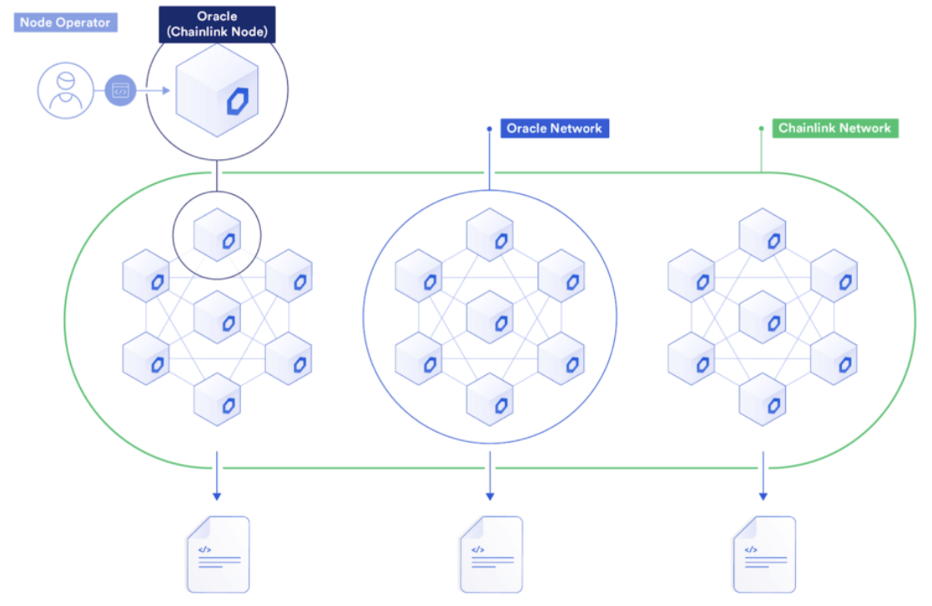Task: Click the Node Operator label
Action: [66, 23]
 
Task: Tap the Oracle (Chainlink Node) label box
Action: [217, 25]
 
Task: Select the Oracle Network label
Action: [554, 128]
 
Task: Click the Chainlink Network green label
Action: [834, 128]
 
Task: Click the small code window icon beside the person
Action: [121, 89]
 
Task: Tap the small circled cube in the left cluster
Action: [217, 234]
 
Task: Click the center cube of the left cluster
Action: [217, 318]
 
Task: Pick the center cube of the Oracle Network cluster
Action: [490, 318]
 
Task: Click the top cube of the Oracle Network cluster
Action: [490, 235]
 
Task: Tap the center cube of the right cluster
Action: [763, 318]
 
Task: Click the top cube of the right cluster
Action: [763, 235]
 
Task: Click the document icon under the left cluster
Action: [218, 554]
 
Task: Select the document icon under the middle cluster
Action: [491, 554]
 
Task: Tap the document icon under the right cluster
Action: [763, 554]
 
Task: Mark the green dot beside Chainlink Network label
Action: [761, 128]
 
